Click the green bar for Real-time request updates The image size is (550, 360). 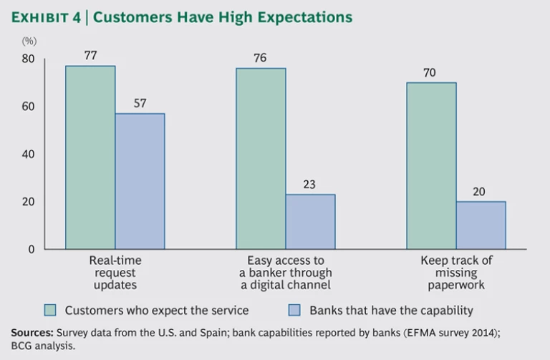point(90,157)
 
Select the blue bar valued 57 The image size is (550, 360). point(140,181)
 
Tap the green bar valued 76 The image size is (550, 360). point(261,158)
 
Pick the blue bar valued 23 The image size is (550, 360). point(310,222)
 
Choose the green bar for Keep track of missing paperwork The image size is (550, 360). point(431,165)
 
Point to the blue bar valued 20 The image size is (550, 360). point(481,225)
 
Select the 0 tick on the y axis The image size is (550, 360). point(31,249)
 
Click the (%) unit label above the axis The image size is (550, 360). point(29,41)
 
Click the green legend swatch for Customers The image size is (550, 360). point(50,311)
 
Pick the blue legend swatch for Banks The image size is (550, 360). point(294,311)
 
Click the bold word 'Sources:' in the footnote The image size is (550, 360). point(32,333)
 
